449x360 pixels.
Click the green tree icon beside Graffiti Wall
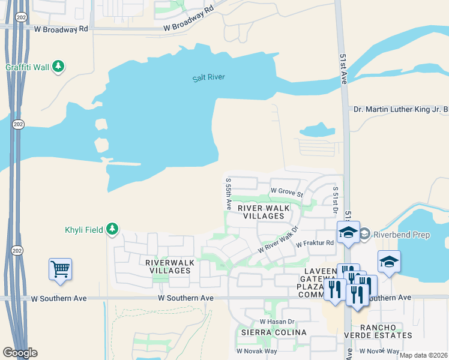(58, 67)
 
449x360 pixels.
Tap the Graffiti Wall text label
(27, 67)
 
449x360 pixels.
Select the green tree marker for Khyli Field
(112, 229)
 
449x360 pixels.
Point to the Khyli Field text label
(83, 230)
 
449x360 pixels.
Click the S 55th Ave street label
(228, 193)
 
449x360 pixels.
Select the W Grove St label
(285, 190)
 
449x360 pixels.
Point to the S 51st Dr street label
(335, 199)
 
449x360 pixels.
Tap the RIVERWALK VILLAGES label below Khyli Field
(167, 266)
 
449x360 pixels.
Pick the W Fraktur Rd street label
(313, 242)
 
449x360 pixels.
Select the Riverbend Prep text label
(402, 235)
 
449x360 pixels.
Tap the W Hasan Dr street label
(276, 322)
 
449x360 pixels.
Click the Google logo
(19, 353)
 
